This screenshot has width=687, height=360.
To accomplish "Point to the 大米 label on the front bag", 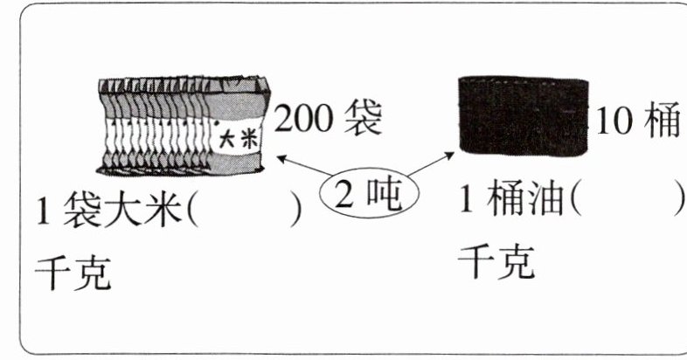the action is click(x=234, y=137).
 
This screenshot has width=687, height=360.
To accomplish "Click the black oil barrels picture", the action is click(x=522, y=115).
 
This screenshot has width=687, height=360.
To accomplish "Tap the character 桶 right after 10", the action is click(x=663, y=123).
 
